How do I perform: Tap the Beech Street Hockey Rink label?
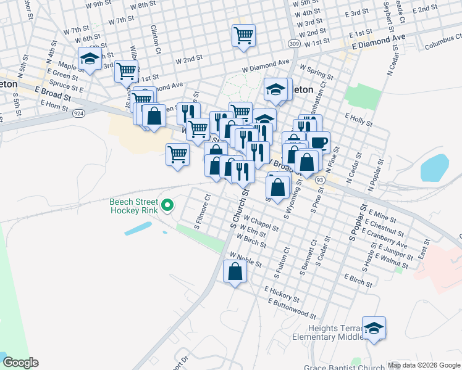(133, 206)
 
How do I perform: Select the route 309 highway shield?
(293, 43)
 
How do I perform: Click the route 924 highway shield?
(78, 113)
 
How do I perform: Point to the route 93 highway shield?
(319, 179)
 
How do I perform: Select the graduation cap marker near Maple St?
(90, 59)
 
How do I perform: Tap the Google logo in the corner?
(20, 363)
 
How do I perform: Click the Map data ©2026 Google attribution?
(424, 365)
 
